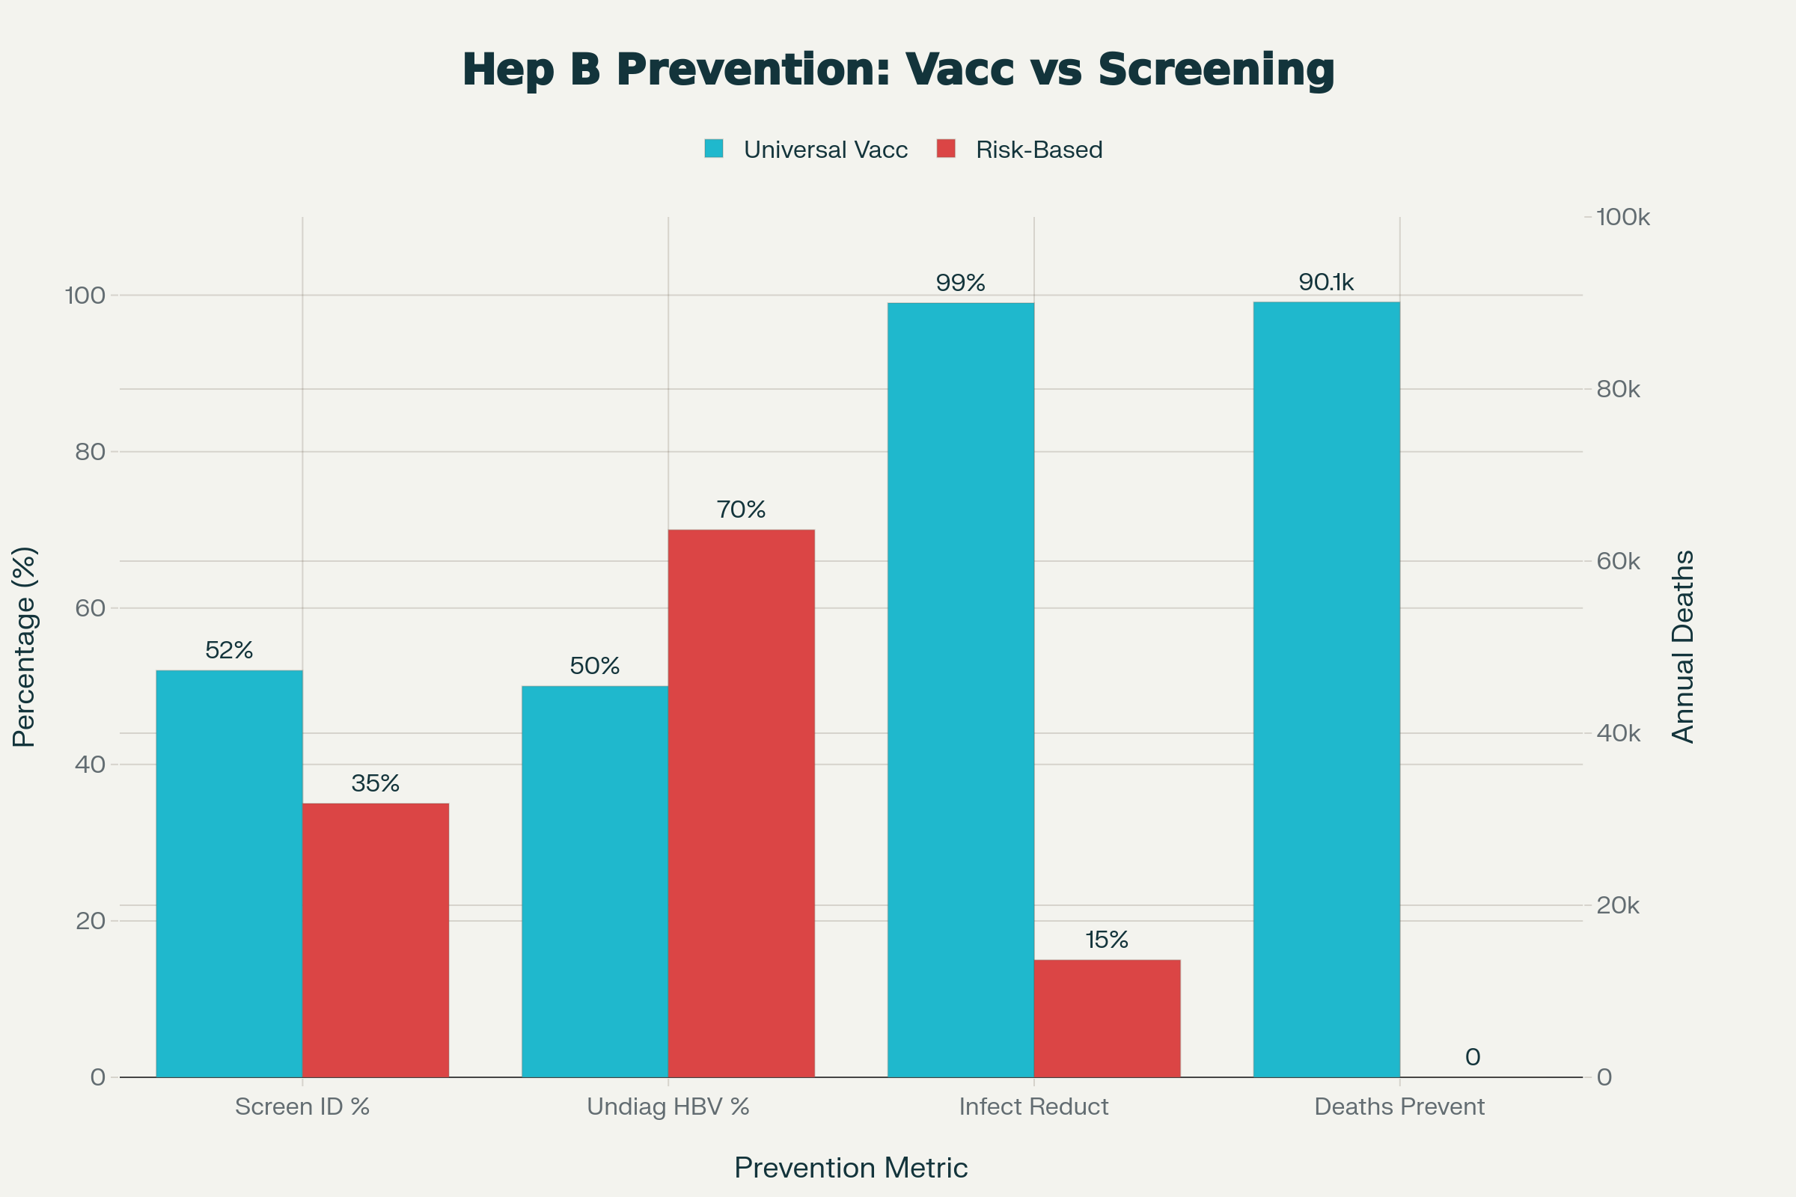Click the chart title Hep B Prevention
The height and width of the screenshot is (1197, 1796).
click(x=898, y=70)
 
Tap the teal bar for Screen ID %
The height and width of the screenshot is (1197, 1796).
click(x=229, y=874)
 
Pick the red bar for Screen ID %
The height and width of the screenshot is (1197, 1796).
click(x=376, y=940)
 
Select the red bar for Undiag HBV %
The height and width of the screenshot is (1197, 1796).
click(x=742, y=803)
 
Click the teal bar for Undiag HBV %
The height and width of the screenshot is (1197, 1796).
click(x=595, y=882)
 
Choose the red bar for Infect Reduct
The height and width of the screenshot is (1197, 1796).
click(x=1108, y=1018)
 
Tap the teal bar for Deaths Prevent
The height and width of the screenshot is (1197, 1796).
click(x=1326, y=689)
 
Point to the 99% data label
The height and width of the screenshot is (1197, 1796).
click(x=961, y=284)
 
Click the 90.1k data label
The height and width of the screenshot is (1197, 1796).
click(x=1326, y=283)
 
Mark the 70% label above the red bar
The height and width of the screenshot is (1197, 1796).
click(x=742, y=509)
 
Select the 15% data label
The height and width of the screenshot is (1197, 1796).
click(x=1108, y=940)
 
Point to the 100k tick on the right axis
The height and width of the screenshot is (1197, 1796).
click(x=1622, y=218)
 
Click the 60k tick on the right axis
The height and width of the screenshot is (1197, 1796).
click(x=1618, y=562)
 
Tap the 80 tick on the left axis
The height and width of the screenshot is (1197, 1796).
click(x=90, y=452)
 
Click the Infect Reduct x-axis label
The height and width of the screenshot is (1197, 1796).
click(x=1034, y=1107)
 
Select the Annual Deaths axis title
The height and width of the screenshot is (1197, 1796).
click(x=1684, y=646)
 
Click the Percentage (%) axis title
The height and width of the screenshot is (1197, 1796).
click(x=25, y=646)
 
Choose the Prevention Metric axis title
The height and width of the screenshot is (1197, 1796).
click(x=851, y=1168)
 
